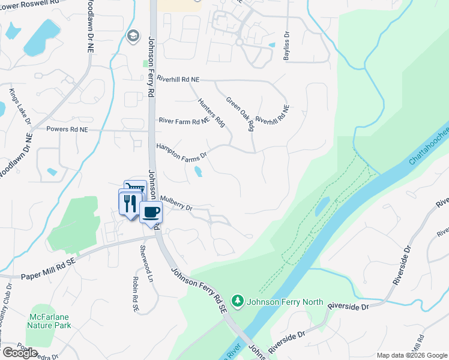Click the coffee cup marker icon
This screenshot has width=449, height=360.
coord(151,212)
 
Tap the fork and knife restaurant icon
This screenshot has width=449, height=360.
coord(130,203)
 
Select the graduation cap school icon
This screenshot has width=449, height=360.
coord(132,36)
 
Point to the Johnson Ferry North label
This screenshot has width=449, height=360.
coord(285,302)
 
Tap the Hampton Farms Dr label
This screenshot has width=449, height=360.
coord(181,151)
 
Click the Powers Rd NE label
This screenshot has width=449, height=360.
coord(67,129)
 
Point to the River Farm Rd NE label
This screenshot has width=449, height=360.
coord(184,121)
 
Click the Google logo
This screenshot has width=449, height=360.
coord(20,353)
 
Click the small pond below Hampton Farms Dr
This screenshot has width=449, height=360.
coord(198,173)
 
